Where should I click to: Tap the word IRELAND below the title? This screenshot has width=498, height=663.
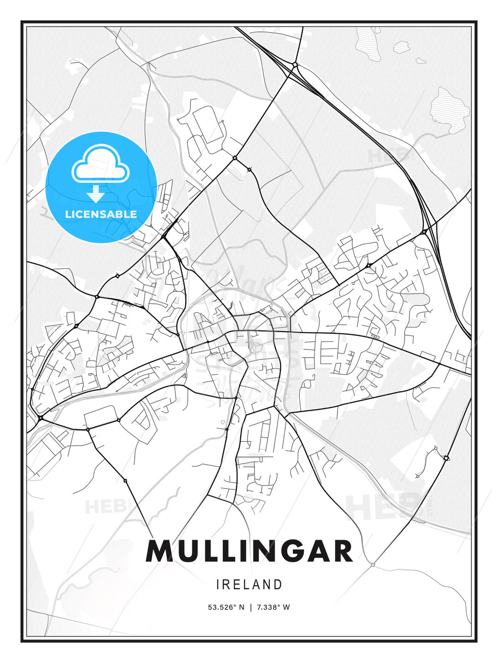[249, 585]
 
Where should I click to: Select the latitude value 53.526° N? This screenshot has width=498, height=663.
[226, 607]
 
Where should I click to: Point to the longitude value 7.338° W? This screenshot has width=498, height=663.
[273, 607]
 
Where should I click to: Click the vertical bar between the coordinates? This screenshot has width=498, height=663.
[250, 607]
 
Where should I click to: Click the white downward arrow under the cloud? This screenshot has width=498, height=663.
[96, 194]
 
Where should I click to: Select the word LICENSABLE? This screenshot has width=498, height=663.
[101, 214]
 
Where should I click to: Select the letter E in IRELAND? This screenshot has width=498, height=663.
[237, 585]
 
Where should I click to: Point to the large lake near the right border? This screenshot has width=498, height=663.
[450, 110]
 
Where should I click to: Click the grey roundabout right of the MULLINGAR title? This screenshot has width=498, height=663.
[373, 564]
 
